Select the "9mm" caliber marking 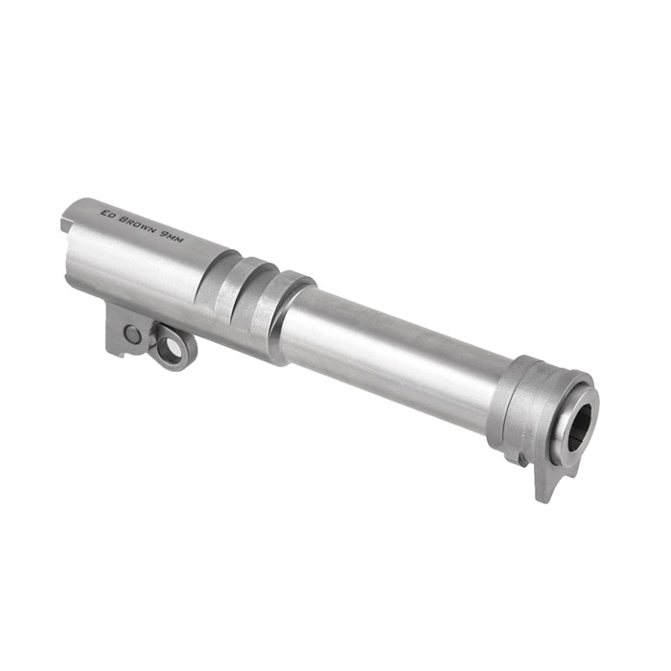pos(172,237)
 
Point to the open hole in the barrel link pos(169,348)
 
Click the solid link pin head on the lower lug pos(132,334)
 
